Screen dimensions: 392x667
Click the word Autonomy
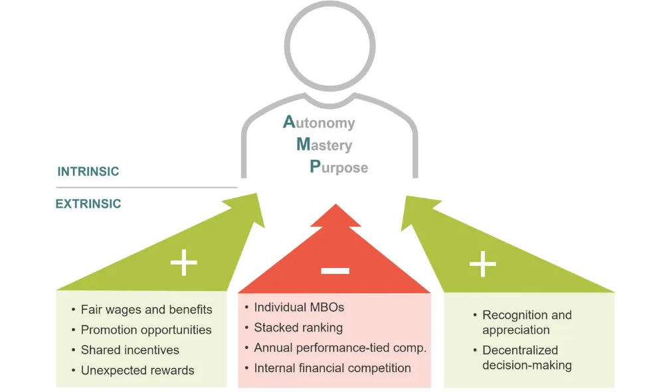tap(320, 123)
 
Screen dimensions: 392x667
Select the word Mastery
tap(324, 145)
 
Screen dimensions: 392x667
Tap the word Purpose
tap(339, 166)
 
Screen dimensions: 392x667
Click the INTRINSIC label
tap(88, 172)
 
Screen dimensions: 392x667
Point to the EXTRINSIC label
tap(88, 204)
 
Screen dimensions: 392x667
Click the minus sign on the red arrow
tap(334, 270)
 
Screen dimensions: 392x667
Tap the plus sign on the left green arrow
tap(184, 263)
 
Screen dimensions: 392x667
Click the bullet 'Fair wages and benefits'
tap(146, 310)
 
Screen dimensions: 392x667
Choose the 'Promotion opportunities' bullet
tap(146, 330)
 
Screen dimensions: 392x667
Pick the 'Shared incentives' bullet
tap(130, 350)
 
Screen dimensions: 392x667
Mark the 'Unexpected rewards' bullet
tap(138, 370)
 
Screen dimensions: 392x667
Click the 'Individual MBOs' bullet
tap(299, 308)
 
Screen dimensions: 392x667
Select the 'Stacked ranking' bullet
tap(298, 328)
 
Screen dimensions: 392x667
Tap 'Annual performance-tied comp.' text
tap(340, 348)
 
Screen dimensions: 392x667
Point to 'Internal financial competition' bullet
tap(332, 368)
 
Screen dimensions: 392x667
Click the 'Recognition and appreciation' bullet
tap(526, 322)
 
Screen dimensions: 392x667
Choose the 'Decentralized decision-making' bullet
tap(526, 358)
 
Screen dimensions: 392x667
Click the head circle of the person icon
tap(330, 50)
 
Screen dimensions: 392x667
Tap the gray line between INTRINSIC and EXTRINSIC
tap(146, 188)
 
